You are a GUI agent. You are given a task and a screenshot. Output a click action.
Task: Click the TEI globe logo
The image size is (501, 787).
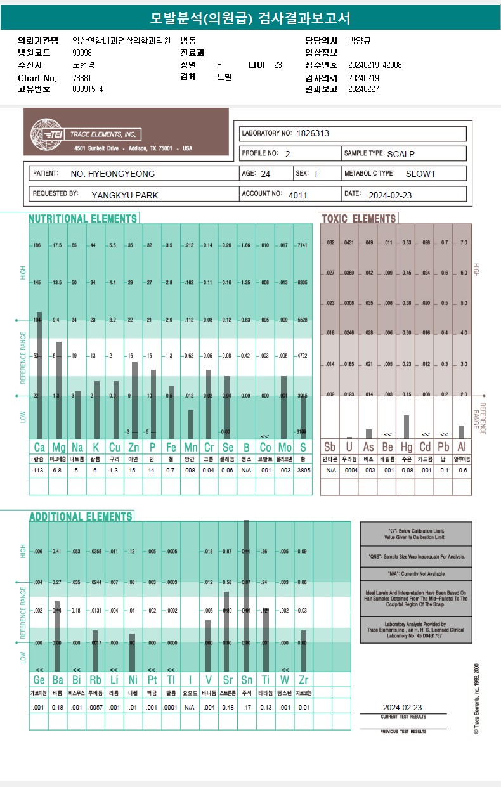45,133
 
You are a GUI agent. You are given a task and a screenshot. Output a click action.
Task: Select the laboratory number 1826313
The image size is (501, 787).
313,134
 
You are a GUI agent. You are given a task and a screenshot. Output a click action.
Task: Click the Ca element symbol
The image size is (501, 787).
39,446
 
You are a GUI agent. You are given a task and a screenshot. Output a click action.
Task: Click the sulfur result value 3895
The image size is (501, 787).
303,471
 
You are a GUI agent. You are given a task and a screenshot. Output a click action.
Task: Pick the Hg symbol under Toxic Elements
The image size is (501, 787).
406,446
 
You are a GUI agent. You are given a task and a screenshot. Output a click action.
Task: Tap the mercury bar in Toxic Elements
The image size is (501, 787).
406,427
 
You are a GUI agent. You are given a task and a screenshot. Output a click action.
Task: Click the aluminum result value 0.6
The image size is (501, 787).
462,471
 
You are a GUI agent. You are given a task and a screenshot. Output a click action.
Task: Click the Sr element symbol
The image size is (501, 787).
228,680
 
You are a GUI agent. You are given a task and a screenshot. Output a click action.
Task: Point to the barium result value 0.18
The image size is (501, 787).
58,707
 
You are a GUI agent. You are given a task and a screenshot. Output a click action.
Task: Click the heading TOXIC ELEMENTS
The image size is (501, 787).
359,219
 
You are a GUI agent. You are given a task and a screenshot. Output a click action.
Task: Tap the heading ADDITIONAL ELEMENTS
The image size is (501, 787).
81,516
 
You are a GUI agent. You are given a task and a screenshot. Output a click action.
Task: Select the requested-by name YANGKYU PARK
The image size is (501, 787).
125,195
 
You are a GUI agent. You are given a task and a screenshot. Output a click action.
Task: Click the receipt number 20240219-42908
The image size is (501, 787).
375,65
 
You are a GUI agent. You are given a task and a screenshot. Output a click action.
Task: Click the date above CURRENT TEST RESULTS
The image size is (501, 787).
402,707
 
